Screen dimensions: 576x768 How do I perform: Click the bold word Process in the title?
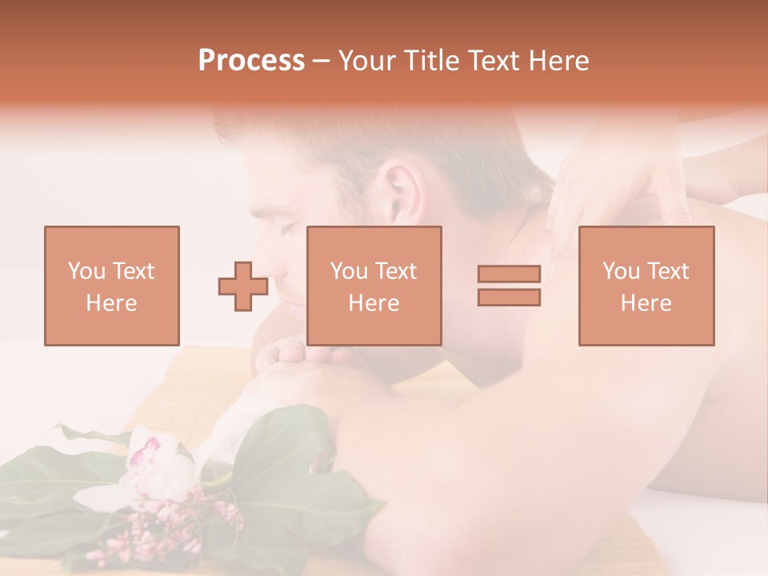[251, 61]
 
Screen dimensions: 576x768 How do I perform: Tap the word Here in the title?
[558, 61]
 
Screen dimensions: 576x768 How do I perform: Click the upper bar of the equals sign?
[509, 274]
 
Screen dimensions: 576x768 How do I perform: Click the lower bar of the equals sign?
[509, 298]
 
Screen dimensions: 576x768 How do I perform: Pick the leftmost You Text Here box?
[112, 286]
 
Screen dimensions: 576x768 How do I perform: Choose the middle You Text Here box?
[374, 286]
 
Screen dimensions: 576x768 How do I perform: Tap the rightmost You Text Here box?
[646, 286]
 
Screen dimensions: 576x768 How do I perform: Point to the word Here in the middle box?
[374, 303]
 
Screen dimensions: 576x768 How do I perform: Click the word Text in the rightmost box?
[668, 271]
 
